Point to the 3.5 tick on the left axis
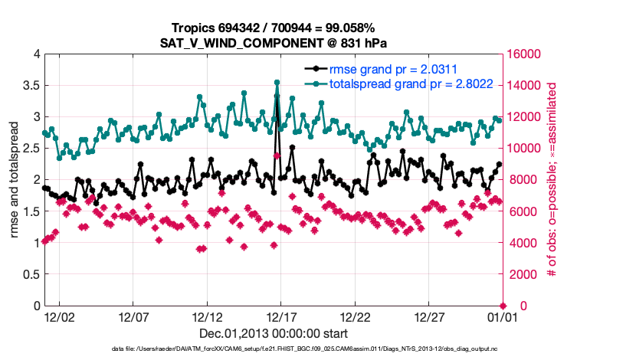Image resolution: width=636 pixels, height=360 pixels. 31,85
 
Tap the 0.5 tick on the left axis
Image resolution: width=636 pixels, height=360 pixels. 31,274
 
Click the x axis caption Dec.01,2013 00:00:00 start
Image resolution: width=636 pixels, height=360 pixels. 274,333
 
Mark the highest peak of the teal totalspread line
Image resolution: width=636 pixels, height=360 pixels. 277,82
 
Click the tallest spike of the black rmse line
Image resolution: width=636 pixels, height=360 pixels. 277,97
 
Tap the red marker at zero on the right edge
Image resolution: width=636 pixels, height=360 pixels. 503,306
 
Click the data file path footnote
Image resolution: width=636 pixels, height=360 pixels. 317,349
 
